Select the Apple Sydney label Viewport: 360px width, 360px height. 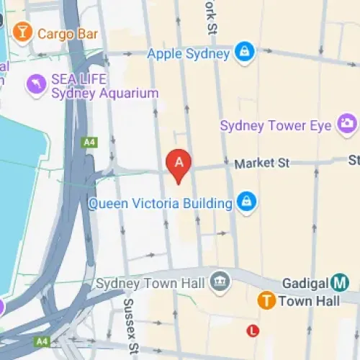coord(188,53)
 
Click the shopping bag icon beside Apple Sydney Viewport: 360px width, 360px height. coord(246,53)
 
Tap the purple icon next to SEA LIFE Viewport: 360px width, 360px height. coord(34,84)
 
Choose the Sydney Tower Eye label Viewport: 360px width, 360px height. coord(276,126)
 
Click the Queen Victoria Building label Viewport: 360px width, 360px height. coord(161,203)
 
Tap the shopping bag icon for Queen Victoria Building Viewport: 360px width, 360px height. coord(246,202)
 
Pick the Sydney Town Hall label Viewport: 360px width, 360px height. coord(152,282)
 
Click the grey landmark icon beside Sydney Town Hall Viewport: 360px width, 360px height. coord(220,282)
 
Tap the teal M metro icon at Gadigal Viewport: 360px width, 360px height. coord(340,283)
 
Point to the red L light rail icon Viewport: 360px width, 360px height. coord(252,331)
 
